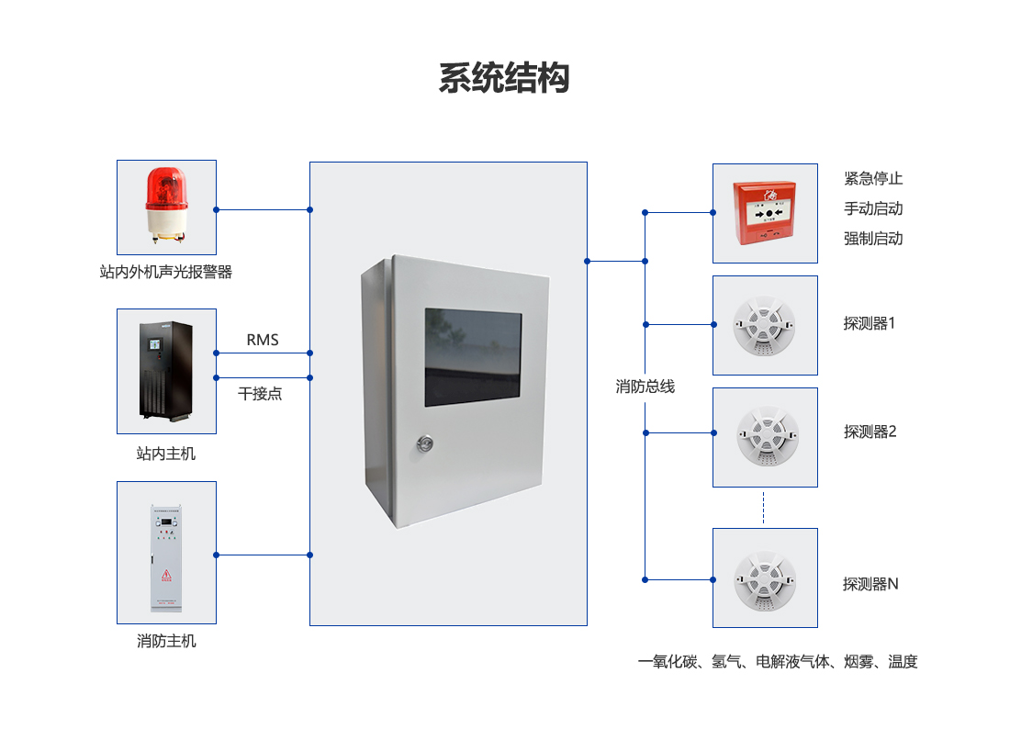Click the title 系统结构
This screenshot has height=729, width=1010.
tap(504, 78)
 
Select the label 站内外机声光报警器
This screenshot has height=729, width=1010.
tap(166, 273)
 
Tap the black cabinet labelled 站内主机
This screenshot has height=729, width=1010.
tap(166, 369)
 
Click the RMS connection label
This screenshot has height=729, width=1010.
tap(263, 340)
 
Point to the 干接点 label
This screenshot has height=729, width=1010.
tap(260, 394)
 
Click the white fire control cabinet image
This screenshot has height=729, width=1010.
tap(166, 557)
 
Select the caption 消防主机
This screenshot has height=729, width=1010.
tap(166, 641)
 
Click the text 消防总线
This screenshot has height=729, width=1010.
tap(645, 387)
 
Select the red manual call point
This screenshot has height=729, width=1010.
tap(764, 213)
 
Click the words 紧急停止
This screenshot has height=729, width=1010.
tap(873, 178)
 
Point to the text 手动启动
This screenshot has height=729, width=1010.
tap(873, 208)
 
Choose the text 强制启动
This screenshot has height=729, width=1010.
tap(873, 239)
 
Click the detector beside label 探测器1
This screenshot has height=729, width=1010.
tap(764, 325)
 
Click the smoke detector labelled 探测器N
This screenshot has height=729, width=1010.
tap(764, 578)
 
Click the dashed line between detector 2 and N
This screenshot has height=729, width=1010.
tap(764, 508)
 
